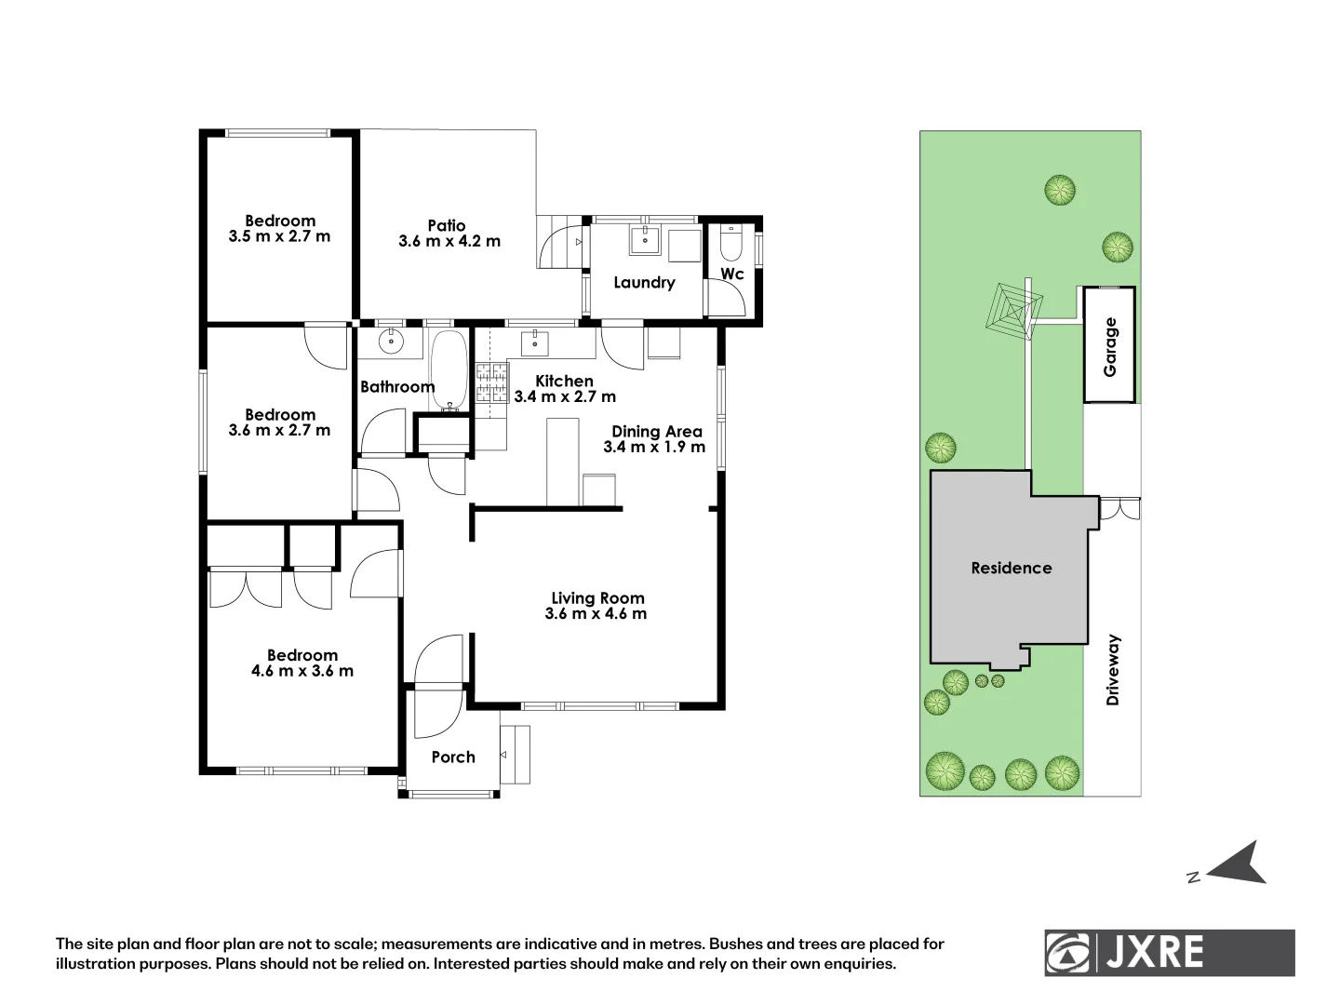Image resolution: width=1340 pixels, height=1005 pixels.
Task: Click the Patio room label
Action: pyautogui.click(x=447, y=225)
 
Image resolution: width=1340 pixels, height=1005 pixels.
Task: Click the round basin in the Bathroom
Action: pyautogui.click(x=392, y=341)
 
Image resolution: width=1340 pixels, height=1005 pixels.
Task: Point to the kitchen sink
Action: pyautogui.click(x=535, y=342)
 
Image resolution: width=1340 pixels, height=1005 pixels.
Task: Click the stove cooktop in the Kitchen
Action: pyautogui.click(x=492, y=382)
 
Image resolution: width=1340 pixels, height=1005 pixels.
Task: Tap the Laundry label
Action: pyautogui.click(x=644, y=283)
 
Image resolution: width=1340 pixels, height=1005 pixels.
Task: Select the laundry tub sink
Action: pyautogui.click(x=645, y=241)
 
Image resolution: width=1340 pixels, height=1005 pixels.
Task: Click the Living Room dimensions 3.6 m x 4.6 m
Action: pyautogui.click(x=596, y=614)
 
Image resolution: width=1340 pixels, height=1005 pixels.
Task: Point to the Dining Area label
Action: pyautogui.click(x=656, y=432)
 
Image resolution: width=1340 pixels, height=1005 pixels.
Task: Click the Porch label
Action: pyautogui.click(x=453, y=757)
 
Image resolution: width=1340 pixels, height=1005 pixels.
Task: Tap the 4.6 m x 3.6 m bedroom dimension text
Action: pyautogui.click(x=302, y=671)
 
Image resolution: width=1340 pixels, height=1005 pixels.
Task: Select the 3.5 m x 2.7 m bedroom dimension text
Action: pyautogui.click(x=279, y=236)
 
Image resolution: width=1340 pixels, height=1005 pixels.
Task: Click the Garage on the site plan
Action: pyautogui.click(x=1109, y=346)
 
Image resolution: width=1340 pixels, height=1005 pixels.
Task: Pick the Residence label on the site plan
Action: pyautogui.click(x=1011, y=568)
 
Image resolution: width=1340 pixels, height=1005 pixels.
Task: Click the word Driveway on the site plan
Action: pyautogui.click(x=1113, y=670)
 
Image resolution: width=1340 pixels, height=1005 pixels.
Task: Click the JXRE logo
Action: pyautogui.click(x=1169, y=953)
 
